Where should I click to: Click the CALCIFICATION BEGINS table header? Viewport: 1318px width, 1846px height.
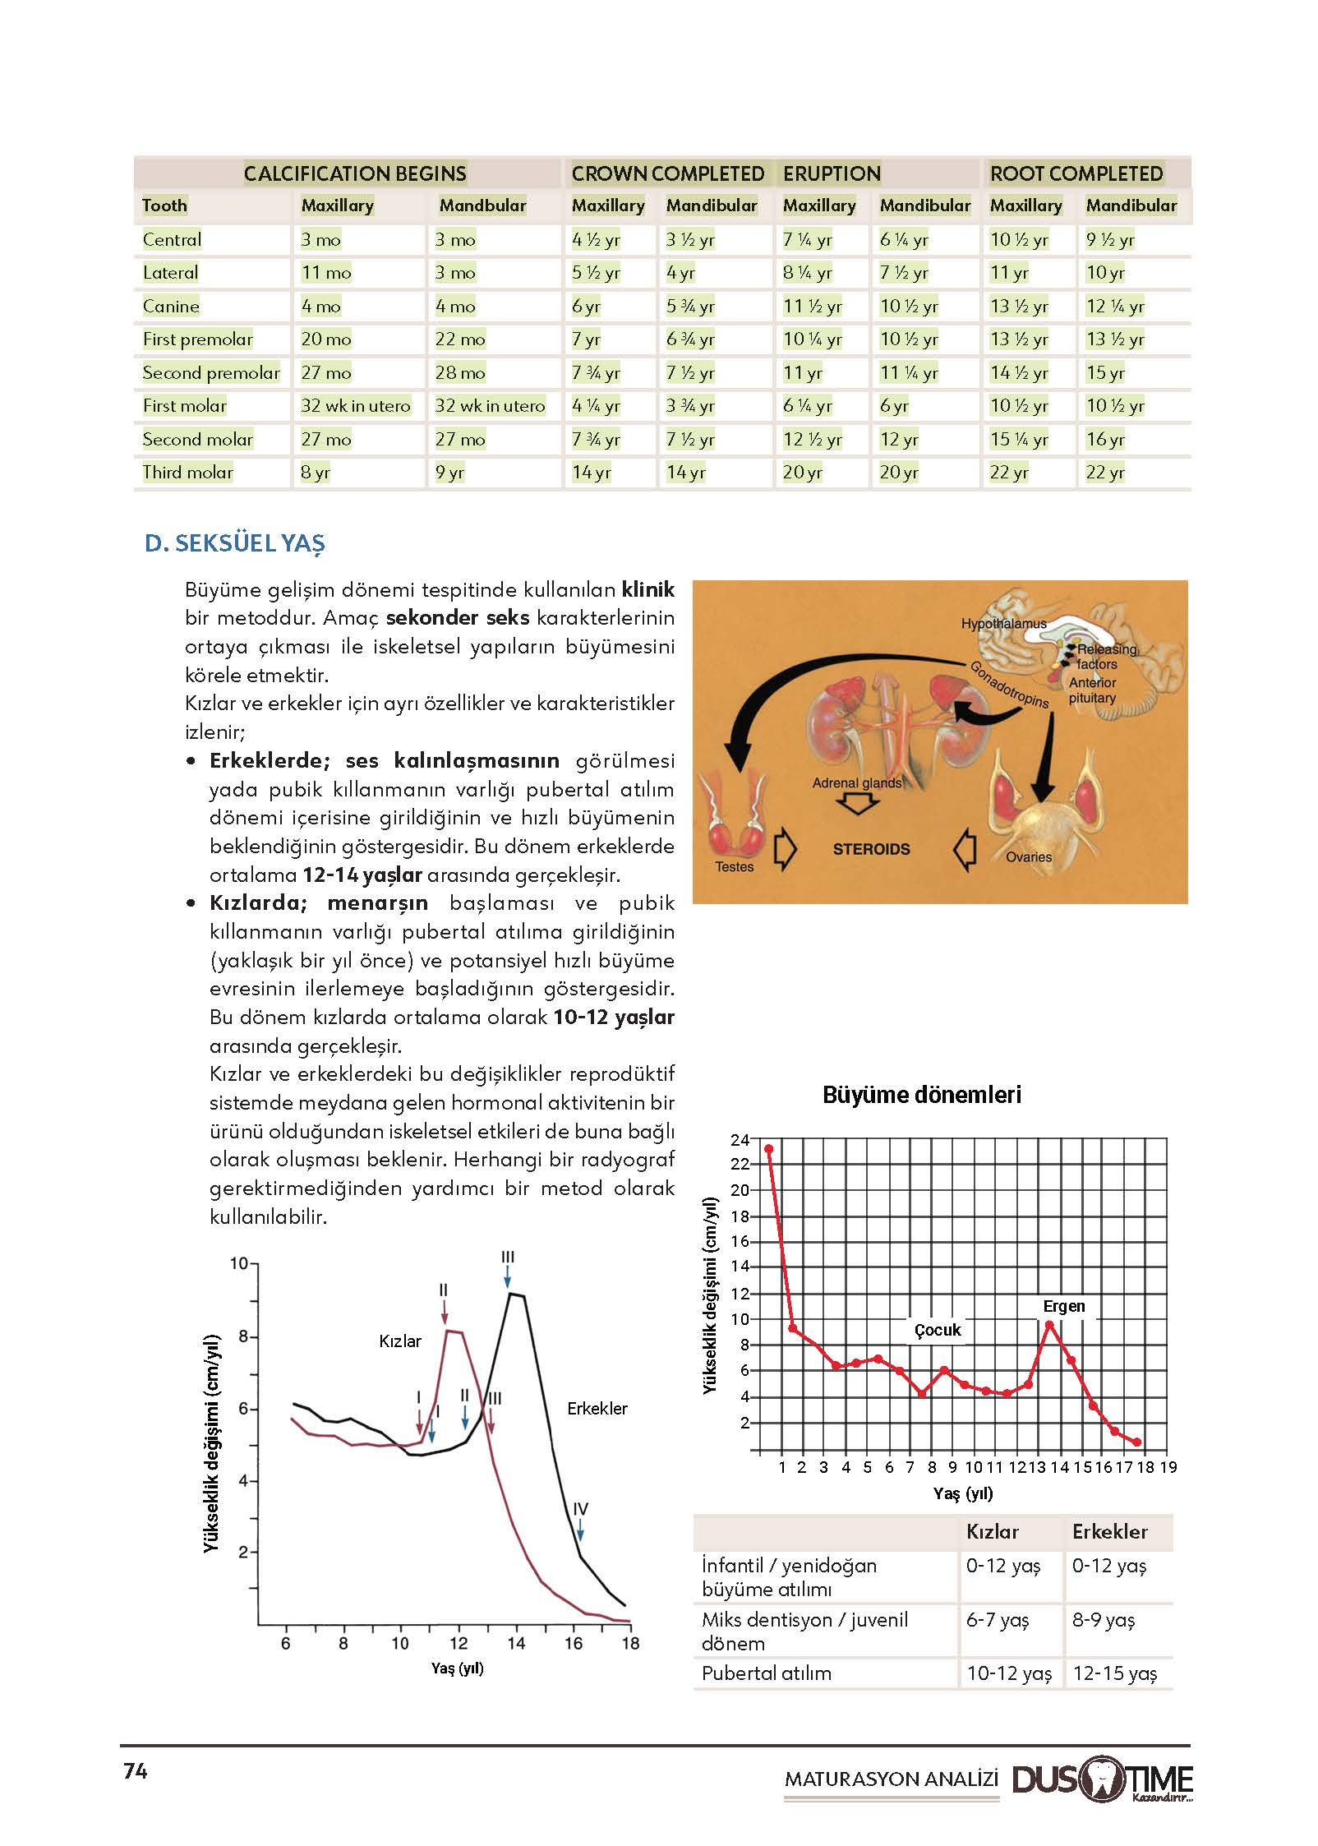pos(355,173)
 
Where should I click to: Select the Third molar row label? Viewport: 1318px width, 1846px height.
pos(188,472)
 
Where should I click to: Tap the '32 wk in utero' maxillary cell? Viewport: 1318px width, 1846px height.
pos(355,405)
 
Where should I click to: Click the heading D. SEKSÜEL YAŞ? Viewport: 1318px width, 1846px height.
pos(235,543)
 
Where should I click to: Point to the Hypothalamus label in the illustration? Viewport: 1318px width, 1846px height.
pos(1003,624)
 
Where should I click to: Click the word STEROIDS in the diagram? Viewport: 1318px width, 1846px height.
pos(871,849)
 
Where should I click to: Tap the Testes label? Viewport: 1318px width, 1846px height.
pos(734,866)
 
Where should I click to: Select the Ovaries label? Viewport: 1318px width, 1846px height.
pos(1028,856)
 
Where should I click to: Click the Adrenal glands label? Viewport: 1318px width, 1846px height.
pos(856,782)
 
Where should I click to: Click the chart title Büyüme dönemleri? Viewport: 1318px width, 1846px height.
pos(922,1095)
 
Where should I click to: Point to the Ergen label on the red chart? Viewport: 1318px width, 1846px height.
pos(1064,1306)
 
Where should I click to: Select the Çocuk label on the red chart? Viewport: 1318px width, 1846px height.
pos(938,1330)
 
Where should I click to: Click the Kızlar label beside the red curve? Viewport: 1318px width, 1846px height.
pos(400,1341)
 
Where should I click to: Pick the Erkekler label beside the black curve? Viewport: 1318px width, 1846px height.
pos(597,1408)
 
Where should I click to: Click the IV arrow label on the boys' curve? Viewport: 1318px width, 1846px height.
pos(580,1509)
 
